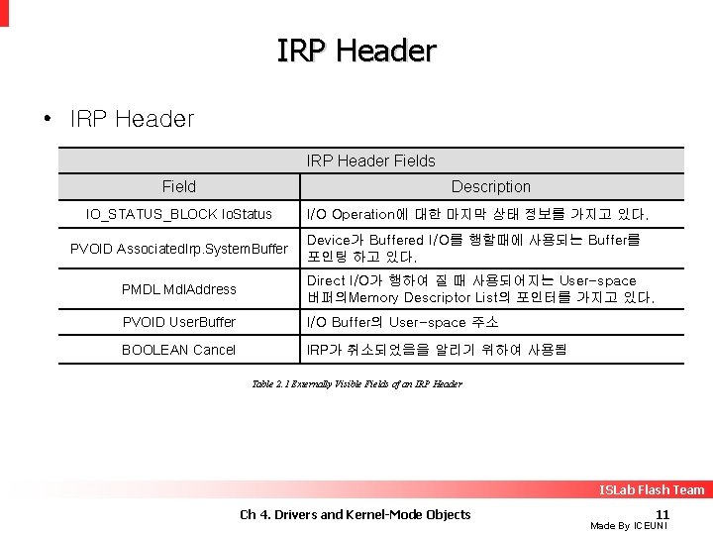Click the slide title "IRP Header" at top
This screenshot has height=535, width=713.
pyautogui.click(x=356, y=51)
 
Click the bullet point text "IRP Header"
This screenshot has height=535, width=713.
pyautogui.click(x=132, y=120)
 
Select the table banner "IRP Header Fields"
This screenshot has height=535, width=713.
pyautogui.click(x=370, y=160)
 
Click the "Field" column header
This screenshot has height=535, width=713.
pyautogui.click(x=179, y=186)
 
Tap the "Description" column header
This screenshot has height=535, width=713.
pyautogui.click(x=490, y=186)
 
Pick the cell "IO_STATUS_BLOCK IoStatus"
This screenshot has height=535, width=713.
pyautogui.click(x=179, y=214)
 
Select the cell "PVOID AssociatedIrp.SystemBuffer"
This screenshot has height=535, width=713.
pyautogui.click(x=179, y=249)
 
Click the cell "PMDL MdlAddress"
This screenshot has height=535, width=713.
pyautogui.click(x=179, y=289)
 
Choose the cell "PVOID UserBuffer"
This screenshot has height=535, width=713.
pyautogui.click(x=179, y=322)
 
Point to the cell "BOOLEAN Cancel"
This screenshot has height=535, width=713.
pyautogui.click(x=179, y=350)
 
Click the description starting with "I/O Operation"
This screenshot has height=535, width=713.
pyautogui.click(x=477, y=214)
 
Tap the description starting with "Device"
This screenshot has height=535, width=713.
pyautogui.click(x=473, y=248)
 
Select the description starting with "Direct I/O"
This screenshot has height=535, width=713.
pyautogui.click(x=480, y=289)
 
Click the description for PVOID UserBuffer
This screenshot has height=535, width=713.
pyautogui.click(x=402, y=322)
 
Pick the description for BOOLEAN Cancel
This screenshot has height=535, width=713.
pyautogui.click(x=436, y=350)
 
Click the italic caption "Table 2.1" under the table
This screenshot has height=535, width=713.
pyautogui.click(x=356, y=383)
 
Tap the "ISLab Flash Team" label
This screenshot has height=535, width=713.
pyautogui.click(x=652, y=489)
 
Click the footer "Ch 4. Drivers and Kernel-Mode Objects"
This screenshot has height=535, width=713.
pyautogui.click(x=356, y=513)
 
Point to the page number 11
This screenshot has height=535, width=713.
pyautogui.click(x=662, y=513)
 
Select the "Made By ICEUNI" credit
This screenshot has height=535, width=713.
pyautogui.click(x=629, y=526)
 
